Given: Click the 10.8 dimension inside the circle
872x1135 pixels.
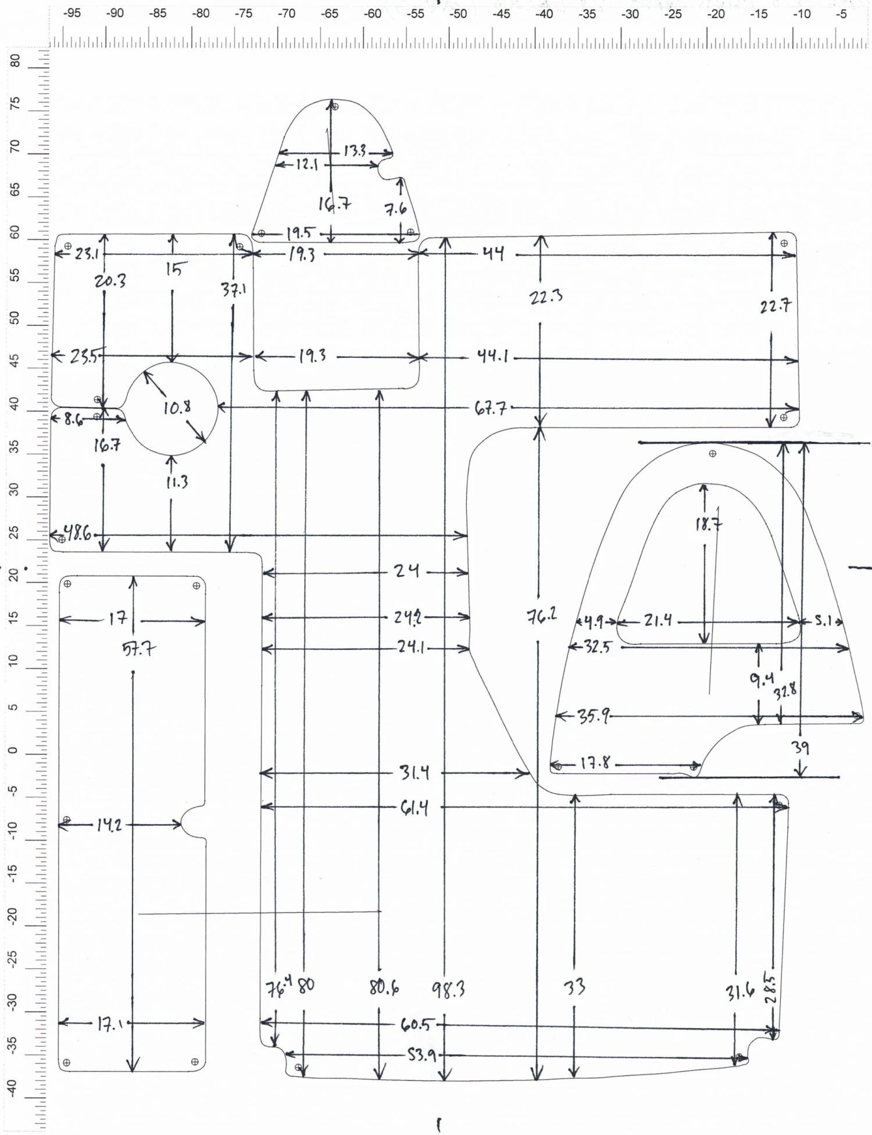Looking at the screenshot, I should click(x=177, y=408).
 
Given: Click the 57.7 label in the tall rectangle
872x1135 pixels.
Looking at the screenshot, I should click(x=138, y=649).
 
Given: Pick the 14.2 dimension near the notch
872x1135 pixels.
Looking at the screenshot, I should click(x=109, y=825).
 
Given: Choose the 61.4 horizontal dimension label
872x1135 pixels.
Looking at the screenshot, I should click(x=414, y=808).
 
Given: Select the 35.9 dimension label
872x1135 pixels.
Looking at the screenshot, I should click(x=594, y=717).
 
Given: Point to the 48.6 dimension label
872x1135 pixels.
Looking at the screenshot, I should click(x=77, y=534).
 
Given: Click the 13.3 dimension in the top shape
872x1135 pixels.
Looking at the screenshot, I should click(x=355, y=151).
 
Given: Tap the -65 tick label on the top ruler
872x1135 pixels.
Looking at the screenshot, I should click(x=329, y=14).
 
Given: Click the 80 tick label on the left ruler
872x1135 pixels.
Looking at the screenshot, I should click(x=16, y=60).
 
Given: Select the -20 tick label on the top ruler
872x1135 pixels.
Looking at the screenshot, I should click(x=716, y=14).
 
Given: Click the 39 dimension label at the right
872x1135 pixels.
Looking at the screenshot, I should click(x=801, y=748).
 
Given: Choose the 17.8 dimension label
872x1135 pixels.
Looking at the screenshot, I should click(x=596, y=764).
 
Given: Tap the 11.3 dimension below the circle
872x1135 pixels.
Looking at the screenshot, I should click(x=177, y=482).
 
